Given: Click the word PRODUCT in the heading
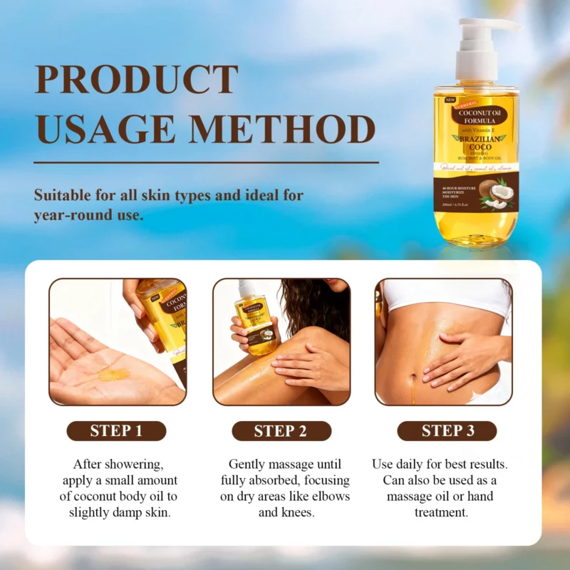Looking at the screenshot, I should [136, 80].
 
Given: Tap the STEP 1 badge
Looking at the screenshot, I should [116, 431].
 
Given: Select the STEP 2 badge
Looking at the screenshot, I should [281, 431].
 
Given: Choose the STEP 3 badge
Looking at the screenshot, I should [447, 431].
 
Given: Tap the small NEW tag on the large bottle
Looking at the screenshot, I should [450, 100].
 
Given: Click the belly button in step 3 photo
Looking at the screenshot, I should [413, 370].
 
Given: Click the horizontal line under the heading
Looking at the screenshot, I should [207, 162].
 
